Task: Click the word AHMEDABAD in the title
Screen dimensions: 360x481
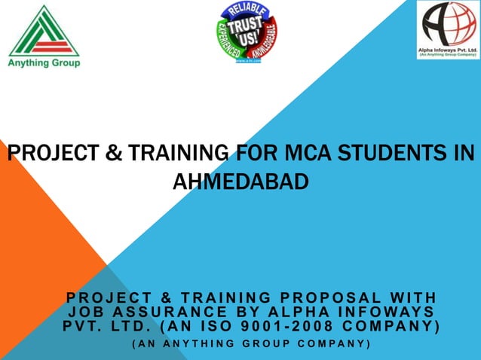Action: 240,182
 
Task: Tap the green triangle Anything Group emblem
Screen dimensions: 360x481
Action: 44,31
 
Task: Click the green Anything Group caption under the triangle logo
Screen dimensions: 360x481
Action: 44,63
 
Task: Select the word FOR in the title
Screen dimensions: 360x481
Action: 253,154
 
